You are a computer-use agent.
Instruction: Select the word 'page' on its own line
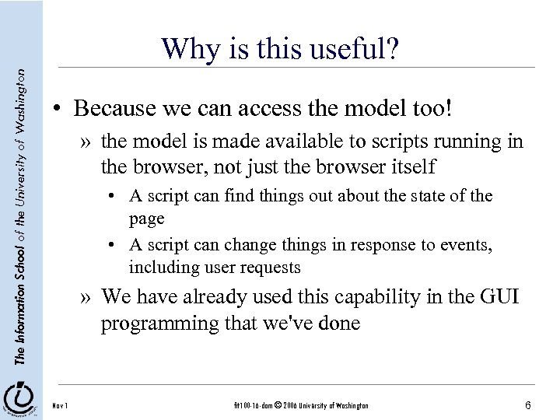147,219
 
